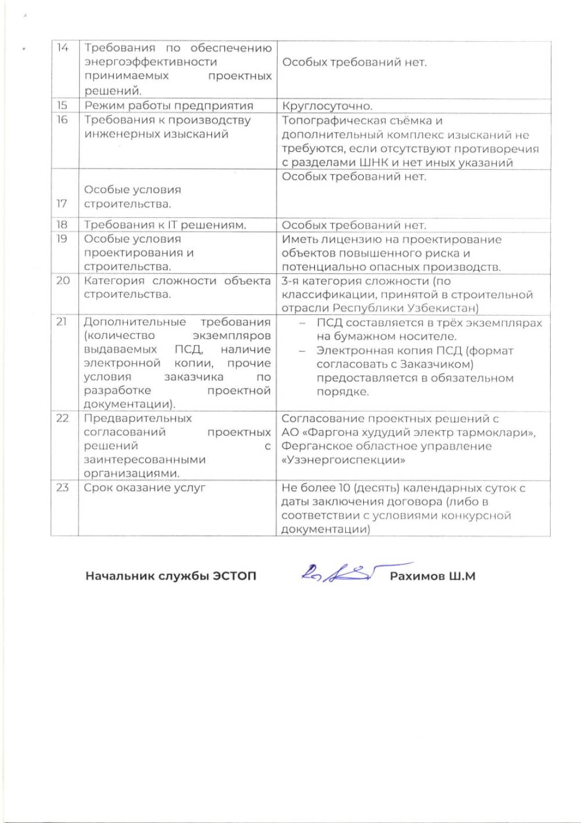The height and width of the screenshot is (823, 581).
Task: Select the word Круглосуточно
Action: [327, 106]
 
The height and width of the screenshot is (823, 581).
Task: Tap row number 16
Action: [62, 120]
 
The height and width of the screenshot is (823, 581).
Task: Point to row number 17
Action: [62, 203]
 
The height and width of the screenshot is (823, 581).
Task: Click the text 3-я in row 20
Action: [290, 281]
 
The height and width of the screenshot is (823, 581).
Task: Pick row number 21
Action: [62, 322]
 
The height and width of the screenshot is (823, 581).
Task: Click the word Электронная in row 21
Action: [353, 350]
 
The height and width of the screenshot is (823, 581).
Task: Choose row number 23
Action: [62, 488]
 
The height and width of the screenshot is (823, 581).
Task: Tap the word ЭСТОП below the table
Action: [234, 576]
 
